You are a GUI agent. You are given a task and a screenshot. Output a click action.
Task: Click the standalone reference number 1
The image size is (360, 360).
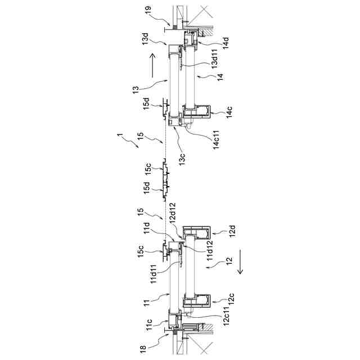point(118,136)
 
